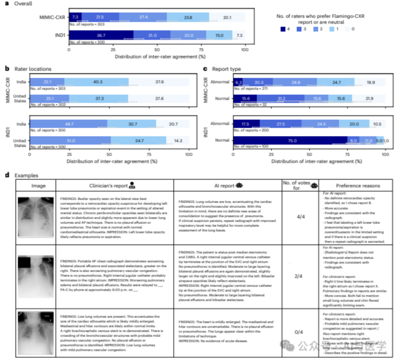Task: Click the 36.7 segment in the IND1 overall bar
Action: [x=101, y=35]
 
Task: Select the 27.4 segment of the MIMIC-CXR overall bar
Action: [x=143, y=17]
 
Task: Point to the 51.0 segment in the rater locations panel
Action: [x=70, y=140]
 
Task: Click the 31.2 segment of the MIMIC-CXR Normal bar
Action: [x=280, y=99]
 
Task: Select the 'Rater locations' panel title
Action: [x=33, y=68]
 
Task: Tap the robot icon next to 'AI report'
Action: [x=240, y=186]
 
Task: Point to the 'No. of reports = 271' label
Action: [x=252, y=88]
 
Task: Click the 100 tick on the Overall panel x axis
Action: [x=245, y=49]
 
